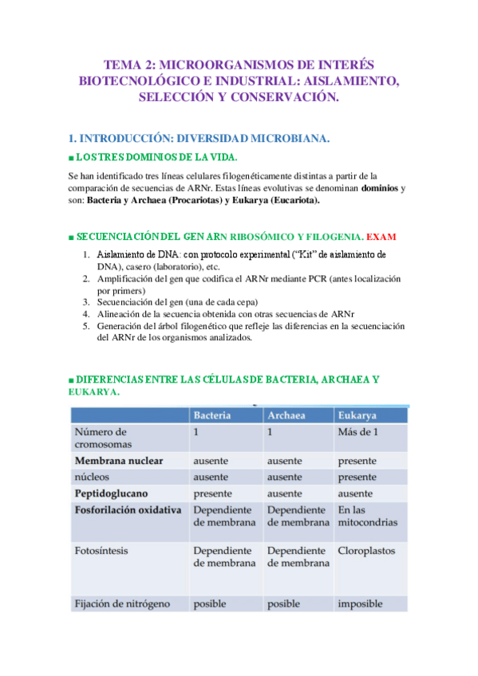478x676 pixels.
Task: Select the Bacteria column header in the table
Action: pos(212,416)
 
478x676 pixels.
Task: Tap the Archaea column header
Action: pos(287,416)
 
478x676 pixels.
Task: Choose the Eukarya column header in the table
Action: pos(358,416)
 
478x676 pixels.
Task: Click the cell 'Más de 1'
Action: pos(359,432)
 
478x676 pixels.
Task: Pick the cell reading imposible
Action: pos(360,603)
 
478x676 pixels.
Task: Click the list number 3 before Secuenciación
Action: pos(87,302)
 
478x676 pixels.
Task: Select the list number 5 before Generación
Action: pos(87,325)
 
